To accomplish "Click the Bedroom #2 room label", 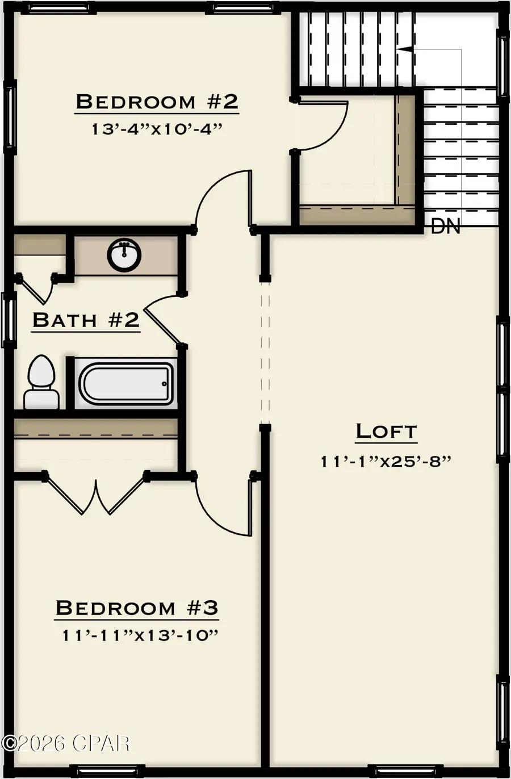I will [x=157, y=102].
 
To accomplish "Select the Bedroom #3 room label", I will [x=137, y=608].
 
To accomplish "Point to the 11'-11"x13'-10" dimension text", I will [x=140, y=635].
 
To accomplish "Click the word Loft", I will [x=386, y=432].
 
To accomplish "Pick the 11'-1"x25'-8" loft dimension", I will [x=386, y=461].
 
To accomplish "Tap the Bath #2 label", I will [x=86, y=320].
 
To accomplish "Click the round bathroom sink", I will [x=124, y=256].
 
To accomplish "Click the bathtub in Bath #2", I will [x=125, y=384].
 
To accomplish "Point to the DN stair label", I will [x=446, y=227].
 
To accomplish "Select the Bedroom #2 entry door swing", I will [x=224, y=199].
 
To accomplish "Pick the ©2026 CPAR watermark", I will [x=66, y=742].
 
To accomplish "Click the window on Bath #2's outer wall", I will [x=8, y=320].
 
